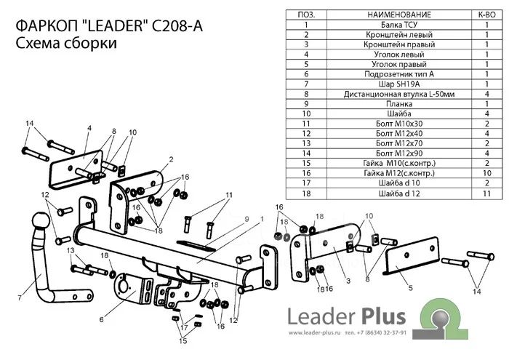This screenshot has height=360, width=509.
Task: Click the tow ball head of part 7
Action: (41, 220)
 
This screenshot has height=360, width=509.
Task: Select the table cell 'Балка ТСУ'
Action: (399, 25)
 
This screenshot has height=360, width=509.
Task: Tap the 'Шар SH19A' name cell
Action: (399, 84)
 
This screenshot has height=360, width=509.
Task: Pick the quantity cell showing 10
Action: (486, 173)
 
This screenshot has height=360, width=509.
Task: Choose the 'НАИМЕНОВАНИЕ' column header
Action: (399, 15)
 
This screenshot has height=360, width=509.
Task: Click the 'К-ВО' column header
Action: (486, 15)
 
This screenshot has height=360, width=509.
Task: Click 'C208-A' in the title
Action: (177, 26)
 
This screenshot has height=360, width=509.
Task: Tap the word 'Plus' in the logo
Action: (383, 316)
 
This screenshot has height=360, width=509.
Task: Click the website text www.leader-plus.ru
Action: (314, 333)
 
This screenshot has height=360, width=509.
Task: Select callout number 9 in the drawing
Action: (247, 219)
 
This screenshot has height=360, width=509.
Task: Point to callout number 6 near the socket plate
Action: (101, 320)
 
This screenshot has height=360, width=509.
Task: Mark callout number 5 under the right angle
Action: (410, 288)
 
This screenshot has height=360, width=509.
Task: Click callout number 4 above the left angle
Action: (89, 128)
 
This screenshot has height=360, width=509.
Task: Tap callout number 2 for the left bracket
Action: (171, 159)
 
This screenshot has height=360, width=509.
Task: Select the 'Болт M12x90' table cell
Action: (399, 153)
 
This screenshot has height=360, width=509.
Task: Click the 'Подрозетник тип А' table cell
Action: (399, 74)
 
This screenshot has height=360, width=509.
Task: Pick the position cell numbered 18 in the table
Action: (306, 193)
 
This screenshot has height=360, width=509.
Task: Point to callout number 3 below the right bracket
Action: (348, 281)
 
